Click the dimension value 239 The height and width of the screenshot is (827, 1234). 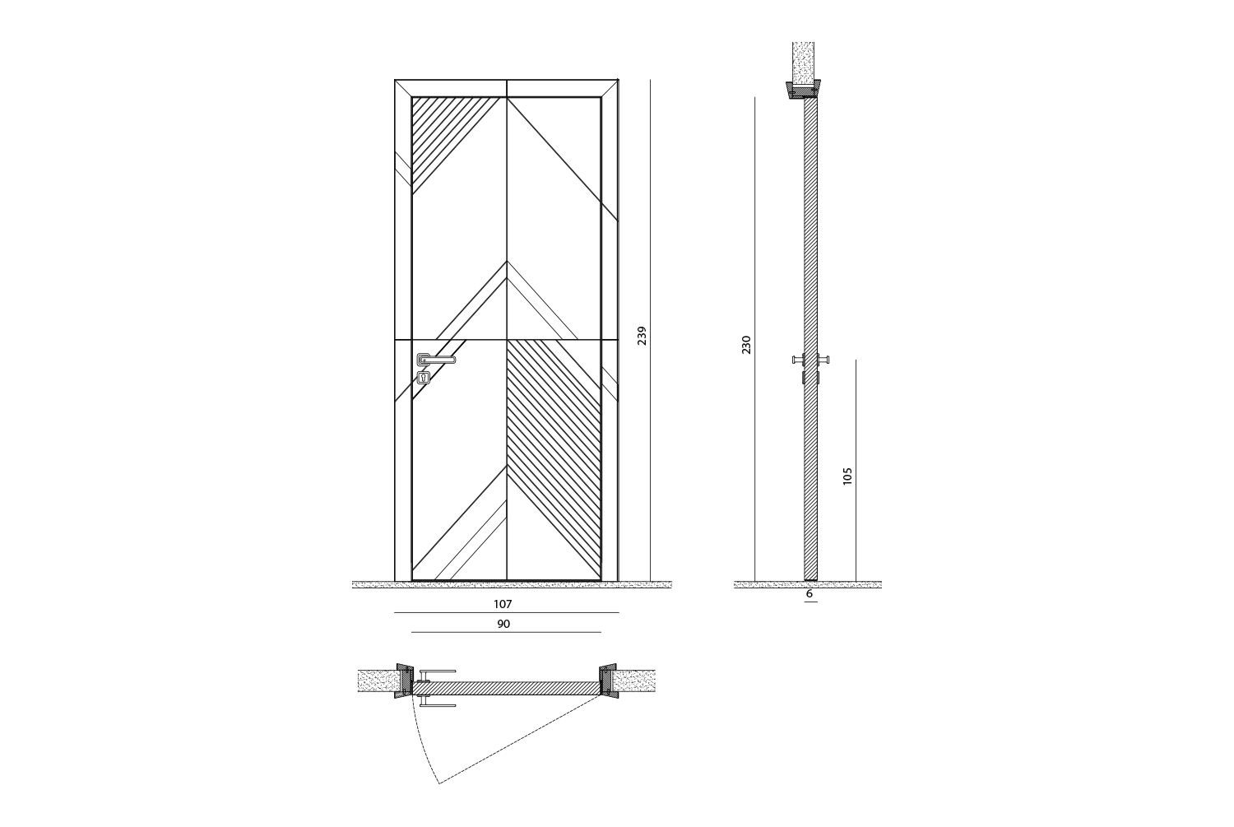tap(642, 336)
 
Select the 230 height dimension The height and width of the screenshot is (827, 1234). tap(746, 344)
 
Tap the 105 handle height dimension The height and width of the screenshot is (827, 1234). tap(848, 476)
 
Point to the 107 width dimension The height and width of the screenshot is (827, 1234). tap(503, 605)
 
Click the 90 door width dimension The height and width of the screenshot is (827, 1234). tap(503, 625)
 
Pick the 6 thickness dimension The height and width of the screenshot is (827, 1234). tap(810, 594)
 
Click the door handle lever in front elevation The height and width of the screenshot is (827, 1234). tap(436, 360)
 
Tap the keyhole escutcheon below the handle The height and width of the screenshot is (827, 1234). tap(424, 378)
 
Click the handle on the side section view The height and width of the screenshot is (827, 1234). tap(811, 360)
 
